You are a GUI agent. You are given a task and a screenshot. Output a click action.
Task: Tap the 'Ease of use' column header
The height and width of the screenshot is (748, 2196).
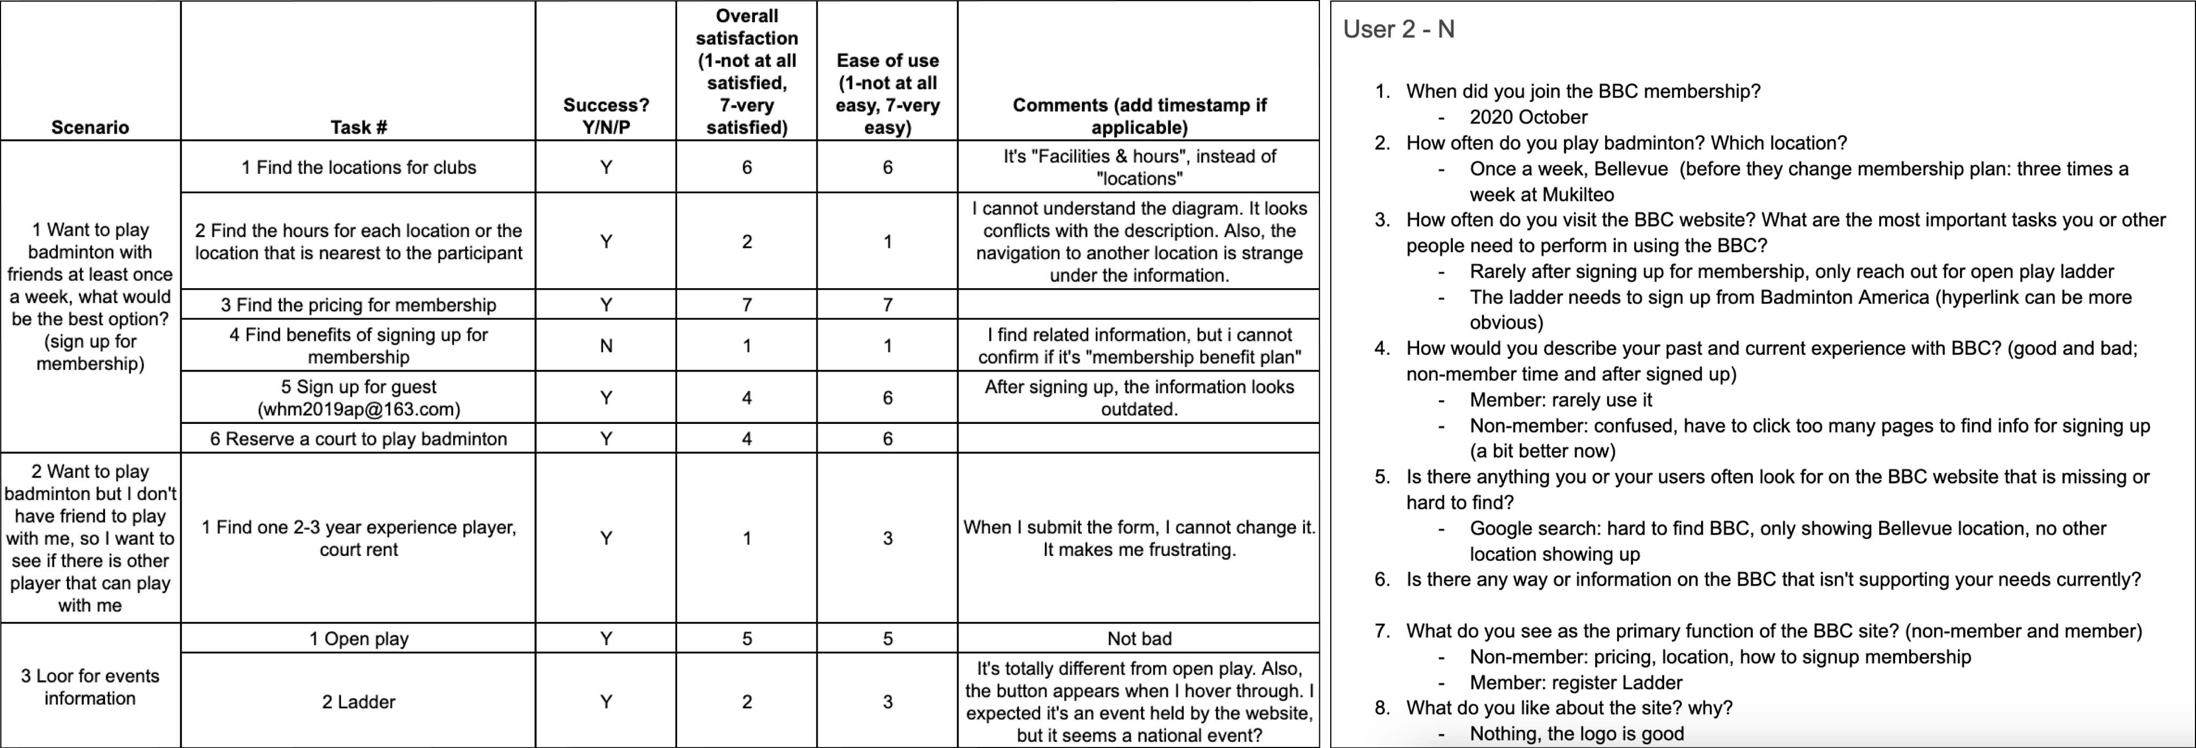887,94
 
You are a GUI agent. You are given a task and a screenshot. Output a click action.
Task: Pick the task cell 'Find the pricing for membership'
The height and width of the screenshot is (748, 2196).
358,304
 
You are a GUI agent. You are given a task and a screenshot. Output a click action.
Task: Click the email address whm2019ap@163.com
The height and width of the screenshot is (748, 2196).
358,409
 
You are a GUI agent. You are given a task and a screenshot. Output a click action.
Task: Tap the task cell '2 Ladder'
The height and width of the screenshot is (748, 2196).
358,701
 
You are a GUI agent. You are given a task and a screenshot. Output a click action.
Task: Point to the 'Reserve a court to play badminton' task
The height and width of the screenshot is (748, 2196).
358,438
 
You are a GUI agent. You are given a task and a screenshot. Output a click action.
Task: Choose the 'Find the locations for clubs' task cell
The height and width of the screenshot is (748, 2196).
358,167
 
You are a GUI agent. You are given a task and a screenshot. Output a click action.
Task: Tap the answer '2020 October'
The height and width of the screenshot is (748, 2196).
1527,117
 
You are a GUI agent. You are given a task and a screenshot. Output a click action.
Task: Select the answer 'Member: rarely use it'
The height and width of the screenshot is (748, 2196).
1560,400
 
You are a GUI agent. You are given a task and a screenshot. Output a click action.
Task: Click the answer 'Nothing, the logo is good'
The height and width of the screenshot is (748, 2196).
1576,734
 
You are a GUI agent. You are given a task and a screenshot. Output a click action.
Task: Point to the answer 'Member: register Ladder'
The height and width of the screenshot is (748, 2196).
1575,683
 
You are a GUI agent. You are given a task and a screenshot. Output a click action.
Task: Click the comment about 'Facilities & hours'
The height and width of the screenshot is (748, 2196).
1138,167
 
